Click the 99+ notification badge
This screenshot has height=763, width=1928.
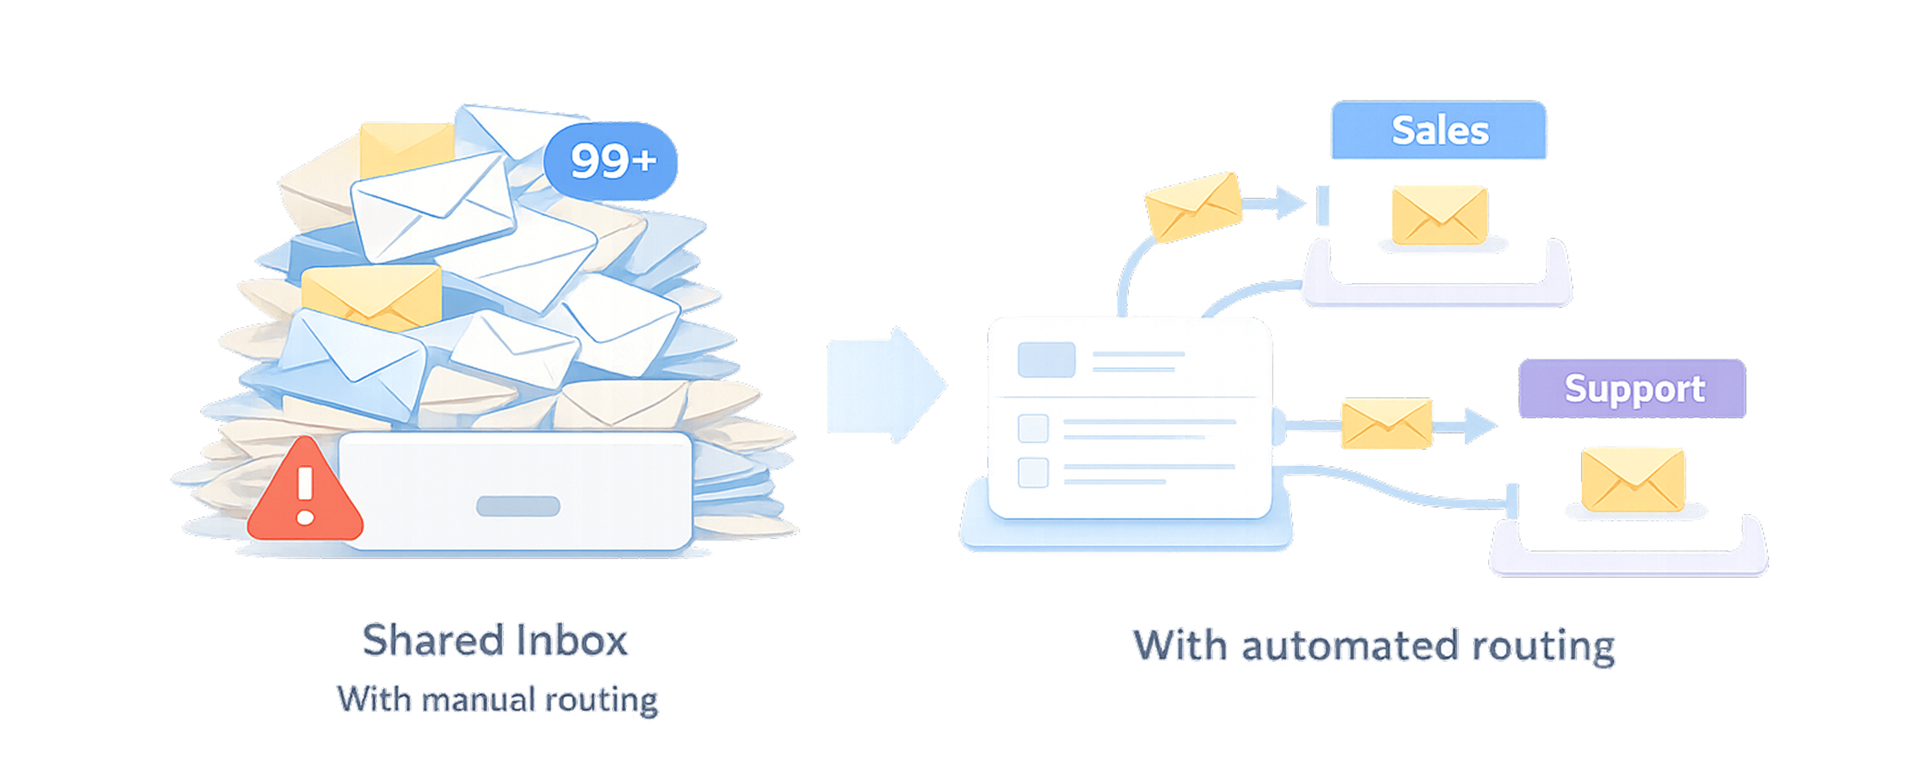(x=611, y=161)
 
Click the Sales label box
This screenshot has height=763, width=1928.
(x=1438, y=131)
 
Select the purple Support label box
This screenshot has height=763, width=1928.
(x=1632, y=388)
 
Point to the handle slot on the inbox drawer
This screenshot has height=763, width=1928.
(x=518, y=506)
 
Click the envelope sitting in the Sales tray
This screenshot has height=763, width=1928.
(x=1438, y=215)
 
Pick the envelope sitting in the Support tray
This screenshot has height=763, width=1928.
(x=1632, y=479)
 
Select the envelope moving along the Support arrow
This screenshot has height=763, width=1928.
(x=1386, y=424)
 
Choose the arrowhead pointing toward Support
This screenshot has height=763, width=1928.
(x=1481, y=425)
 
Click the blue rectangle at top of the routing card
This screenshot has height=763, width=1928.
(x=1046, y=360)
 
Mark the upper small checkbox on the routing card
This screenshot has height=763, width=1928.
(x=1033, y=429)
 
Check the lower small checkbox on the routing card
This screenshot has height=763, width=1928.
(x=1033, y=472)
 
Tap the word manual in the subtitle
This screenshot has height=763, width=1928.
(x=478, y=700)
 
